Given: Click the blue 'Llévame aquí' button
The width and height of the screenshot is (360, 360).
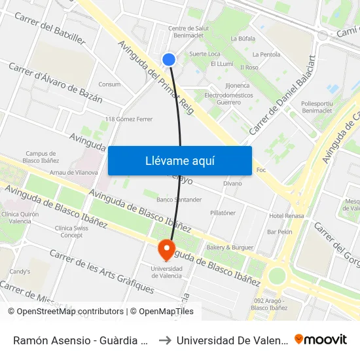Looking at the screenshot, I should (179, 160).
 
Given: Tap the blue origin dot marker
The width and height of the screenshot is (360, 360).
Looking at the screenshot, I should (169, 60).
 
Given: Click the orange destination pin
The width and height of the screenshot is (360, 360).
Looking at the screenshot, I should (166, 250).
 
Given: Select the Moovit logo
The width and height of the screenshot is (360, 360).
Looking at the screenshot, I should (321, 339).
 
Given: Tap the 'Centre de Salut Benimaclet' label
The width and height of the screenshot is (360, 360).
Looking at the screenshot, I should (189, 32).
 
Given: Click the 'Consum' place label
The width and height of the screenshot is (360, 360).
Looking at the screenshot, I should (109, 84).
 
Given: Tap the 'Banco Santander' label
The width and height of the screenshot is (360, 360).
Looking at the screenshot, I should (179, 199).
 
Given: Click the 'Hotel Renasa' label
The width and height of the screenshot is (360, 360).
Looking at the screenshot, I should (286, 216).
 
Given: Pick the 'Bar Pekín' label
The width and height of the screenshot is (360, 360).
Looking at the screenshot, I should (279, 232).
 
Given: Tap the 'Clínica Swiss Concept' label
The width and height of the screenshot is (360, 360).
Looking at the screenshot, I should (72, 232).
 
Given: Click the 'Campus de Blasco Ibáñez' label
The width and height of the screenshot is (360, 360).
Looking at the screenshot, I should (41, 156).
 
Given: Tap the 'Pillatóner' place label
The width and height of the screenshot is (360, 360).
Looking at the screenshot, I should (223, 213).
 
